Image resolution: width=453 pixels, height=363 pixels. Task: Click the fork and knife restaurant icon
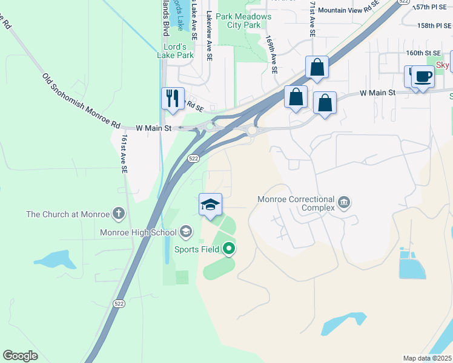(173, 98)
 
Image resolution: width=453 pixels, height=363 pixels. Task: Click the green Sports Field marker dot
(228, 248)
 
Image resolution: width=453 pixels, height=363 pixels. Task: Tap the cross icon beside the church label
(119, 214)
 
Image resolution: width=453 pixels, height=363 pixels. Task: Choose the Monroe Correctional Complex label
(296, 203)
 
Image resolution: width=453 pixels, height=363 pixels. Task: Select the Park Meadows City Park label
(243, 21)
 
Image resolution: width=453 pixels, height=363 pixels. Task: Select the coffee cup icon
(423, 77)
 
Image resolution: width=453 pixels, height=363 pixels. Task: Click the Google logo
(20, 356)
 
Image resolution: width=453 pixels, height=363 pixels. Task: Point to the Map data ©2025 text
(427, 358)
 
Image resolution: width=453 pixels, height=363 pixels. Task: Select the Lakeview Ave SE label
(210, 36)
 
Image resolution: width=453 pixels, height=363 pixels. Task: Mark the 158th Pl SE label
(434, 26)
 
